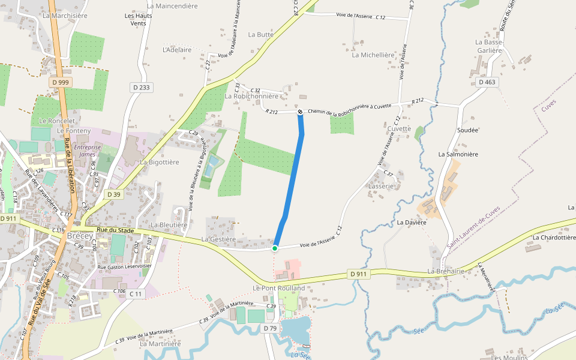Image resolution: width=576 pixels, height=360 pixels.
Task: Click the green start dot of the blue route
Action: pos(275,248)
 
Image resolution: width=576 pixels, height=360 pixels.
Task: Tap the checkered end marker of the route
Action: pos(300,112)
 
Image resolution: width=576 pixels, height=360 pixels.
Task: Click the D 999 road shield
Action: pos(60,82)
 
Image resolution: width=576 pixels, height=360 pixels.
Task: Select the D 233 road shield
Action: pos(141,88)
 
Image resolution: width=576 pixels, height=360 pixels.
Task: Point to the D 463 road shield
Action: pos(487,82)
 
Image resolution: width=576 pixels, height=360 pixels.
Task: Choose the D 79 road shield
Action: pos(269,328)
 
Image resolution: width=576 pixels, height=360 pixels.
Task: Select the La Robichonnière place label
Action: pos(251,96)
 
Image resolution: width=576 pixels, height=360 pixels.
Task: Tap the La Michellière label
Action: pos(373,55)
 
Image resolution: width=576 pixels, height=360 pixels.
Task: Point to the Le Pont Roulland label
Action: pos(278,288)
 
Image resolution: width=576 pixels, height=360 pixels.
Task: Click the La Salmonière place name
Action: pos(458,154)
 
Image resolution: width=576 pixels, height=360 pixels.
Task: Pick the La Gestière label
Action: pos(218,239)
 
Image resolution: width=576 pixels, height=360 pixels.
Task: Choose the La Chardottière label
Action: pos(550,237)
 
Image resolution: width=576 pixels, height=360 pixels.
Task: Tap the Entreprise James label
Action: pos(87,151)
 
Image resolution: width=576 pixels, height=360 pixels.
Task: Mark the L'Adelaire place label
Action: pos(177,50)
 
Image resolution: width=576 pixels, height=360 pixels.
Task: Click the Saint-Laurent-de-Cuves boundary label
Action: pos(473,227)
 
